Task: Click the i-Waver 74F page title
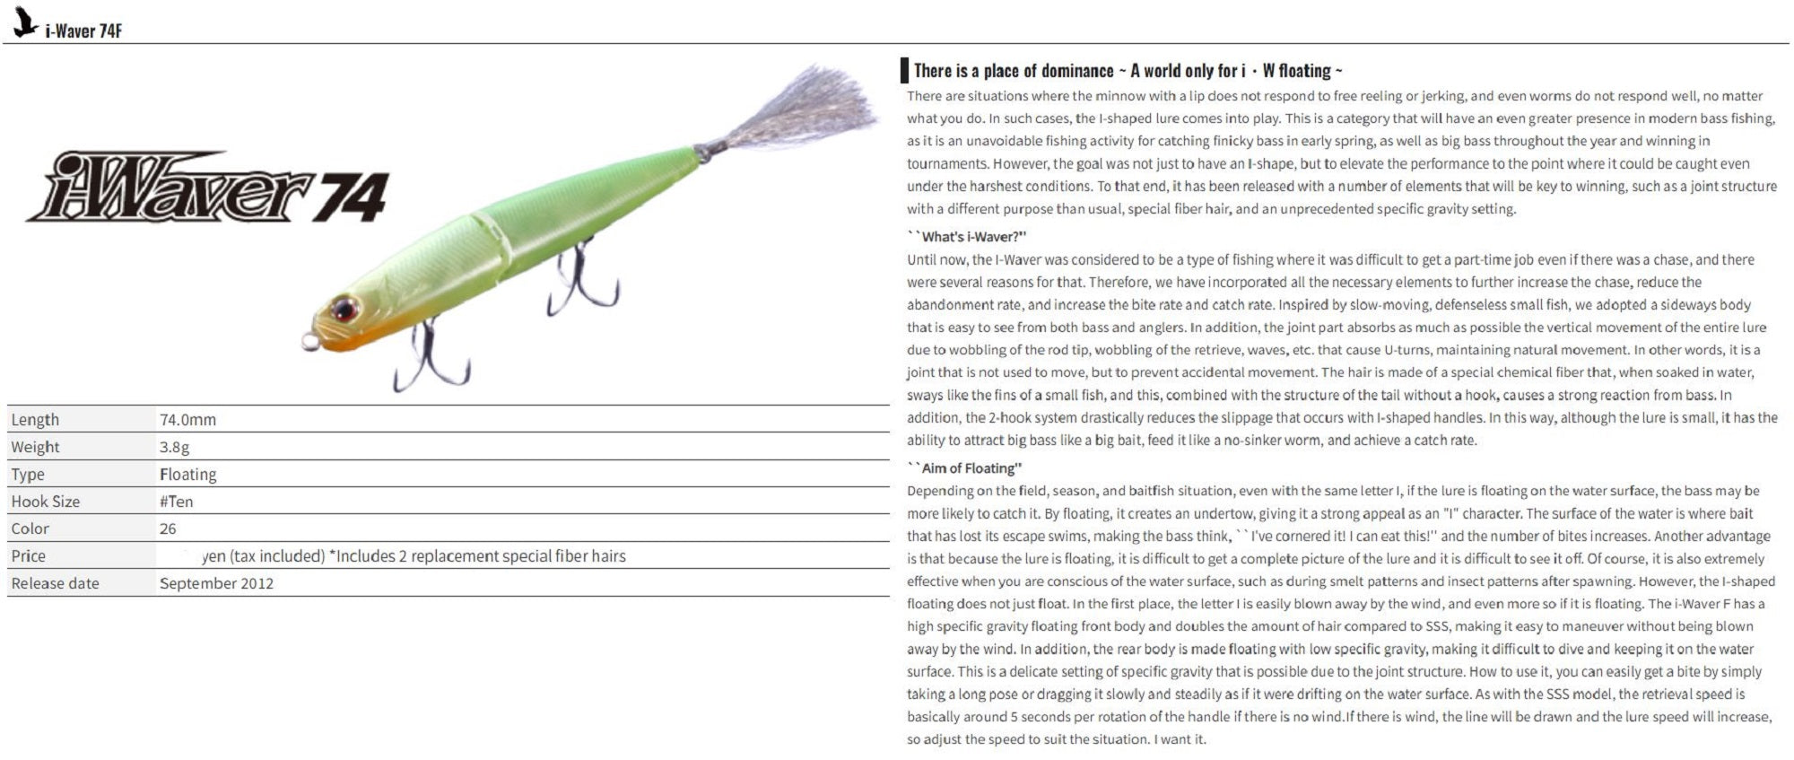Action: [83, 31]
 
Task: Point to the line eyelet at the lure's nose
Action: [309, 340]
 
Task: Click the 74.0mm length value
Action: [187, 420]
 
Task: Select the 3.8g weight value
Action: [174, 447]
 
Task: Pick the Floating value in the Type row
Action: [187, 474]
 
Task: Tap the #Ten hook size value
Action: [176, 502]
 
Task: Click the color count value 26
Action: [168, 529]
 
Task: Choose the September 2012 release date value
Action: [216, 583]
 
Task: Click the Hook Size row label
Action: [45, 502]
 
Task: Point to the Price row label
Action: [28, 556]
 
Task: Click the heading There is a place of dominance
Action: [1127, 71]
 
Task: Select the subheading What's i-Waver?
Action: [971, 237]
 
